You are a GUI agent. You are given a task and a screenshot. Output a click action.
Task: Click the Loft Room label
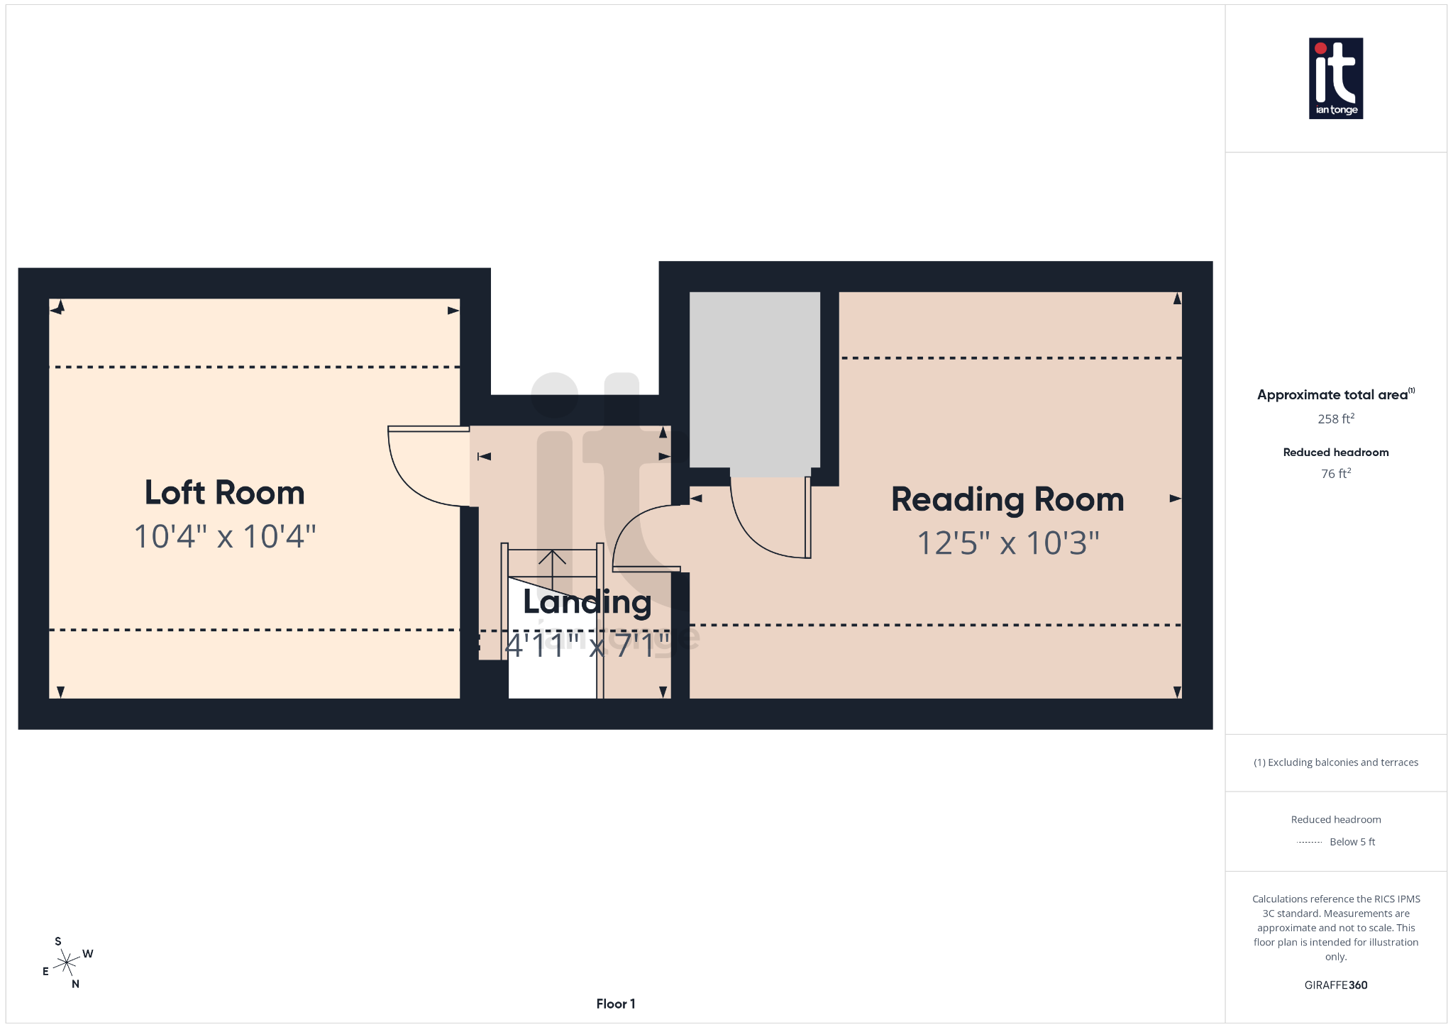point(224,493)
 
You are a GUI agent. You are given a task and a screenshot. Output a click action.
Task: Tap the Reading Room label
point(1007,499)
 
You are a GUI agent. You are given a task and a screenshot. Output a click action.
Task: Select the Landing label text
point(587,602)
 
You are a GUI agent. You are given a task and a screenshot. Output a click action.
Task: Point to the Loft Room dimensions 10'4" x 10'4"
point(224,537)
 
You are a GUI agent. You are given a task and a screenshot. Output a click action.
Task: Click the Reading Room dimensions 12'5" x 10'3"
point(1007,543)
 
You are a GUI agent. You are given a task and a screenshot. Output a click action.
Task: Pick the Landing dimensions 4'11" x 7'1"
point(587,645)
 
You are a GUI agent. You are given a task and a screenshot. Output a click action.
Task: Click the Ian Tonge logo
point(1335,78)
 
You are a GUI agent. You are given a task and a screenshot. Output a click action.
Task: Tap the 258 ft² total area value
point(1335,418)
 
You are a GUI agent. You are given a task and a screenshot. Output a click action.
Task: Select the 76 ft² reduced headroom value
point(1335,473)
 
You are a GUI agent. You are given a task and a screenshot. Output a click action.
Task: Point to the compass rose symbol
point(67,962)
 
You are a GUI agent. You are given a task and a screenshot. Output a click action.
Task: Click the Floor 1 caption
point(615,1004)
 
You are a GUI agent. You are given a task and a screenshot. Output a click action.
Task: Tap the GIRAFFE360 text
point(1335,985)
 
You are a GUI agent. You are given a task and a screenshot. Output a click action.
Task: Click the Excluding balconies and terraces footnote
point(1335,762)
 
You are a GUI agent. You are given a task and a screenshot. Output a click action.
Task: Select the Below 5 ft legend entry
point(1352,842)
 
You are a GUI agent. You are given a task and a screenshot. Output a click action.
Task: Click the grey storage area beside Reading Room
point(754,379)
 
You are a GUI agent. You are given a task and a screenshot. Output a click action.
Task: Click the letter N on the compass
point(75,984)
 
